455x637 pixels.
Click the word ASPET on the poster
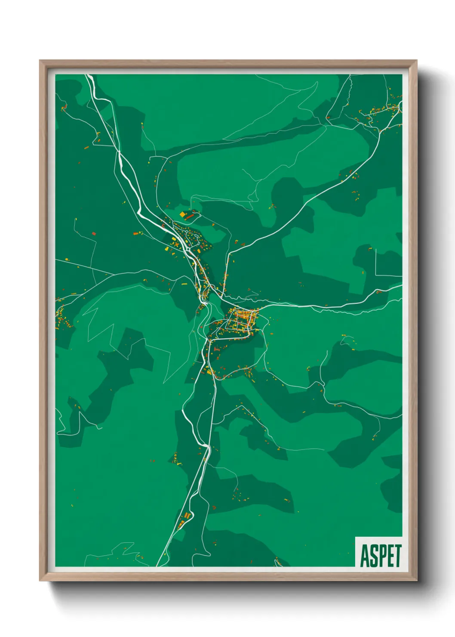pyautogui.click(x=381, y=556)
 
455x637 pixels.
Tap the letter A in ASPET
pyautogui.click(x=364, y=556)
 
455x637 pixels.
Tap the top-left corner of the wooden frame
pyautogui.click(x=41, y=62)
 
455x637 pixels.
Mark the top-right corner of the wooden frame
pyautogui.click(x=416, y=62)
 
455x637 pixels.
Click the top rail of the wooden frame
pyautogui.click(x=228, y=63)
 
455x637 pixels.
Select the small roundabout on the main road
pyautogui.click(x=206, y=294)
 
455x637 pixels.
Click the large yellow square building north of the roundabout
pyautogui.click(x=182, y=214)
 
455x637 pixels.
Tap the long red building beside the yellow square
pyautogui.click(x=190, y=216)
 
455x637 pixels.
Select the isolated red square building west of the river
pyautogui.click(x=94, y=234)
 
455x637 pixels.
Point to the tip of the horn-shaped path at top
pyautogui.click(x=317, y=81)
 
